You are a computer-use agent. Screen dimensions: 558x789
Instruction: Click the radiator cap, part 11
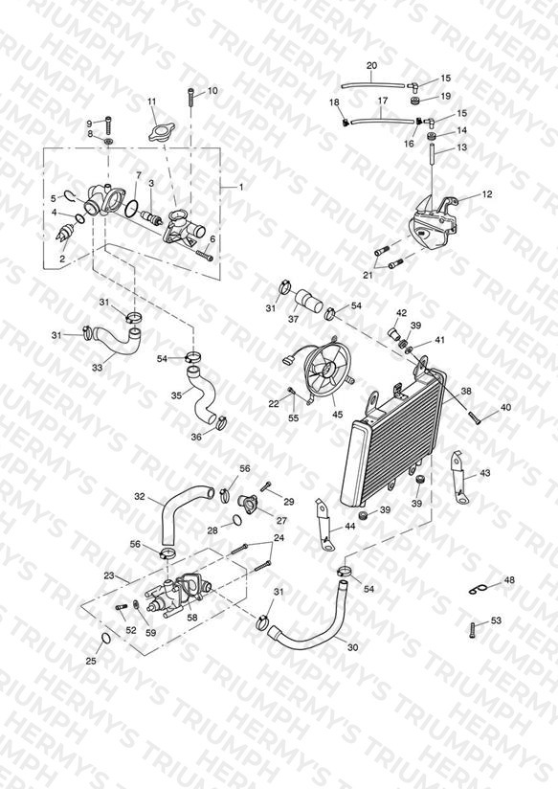[x=160, y=133]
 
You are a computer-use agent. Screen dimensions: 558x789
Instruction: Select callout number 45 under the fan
[x=337, y=414]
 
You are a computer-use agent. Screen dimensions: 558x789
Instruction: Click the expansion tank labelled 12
[x=434, y=223]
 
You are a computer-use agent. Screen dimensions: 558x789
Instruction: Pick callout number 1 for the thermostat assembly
[x=241, y=187]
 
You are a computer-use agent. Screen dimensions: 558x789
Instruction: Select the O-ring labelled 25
[x=105, y=639]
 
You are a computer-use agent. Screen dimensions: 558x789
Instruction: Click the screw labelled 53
[x=473, y=630]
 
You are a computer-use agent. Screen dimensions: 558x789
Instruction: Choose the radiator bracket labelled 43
[x=459, y=477]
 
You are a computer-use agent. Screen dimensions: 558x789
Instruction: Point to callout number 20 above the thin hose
[x=371, y=65]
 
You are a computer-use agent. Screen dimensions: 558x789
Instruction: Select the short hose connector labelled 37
[x=307, y=301]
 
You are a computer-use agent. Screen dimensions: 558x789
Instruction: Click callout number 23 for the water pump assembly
[x=109, y=575]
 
